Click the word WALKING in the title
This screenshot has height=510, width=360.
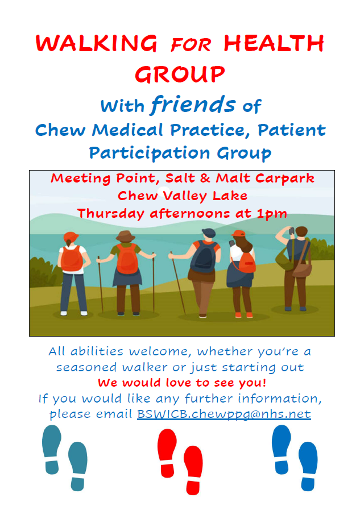pos(97,43)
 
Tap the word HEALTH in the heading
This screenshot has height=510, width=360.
pos(274,43)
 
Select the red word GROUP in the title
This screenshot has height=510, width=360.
pos(180,74)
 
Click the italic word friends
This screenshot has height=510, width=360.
pos(193,105)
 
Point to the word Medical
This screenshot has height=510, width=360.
pos(127,130)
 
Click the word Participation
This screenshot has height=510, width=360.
pos(150,153)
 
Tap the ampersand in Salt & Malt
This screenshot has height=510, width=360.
pos(205,178)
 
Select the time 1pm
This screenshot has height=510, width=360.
pos(272,214)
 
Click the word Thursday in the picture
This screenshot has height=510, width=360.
pos(110,214)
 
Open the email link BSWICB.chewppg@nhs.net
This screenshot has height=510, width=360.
pos(224,414)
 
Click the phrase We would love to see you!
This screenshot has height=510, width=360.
pos(182,383)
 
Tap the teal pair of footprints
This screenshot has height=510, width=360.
pos(65,458)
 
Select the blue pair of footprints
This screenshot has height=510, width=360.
pos(295,458)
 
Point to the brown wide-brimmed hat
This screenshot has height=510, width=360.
pos(125,236)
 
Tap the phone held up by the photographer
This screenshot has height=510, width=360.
pos(292,231)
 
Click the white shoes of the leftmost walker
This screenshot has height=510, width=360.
pos(74,313)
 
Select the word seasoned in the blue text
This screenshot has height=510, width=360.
pos(86,367)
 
